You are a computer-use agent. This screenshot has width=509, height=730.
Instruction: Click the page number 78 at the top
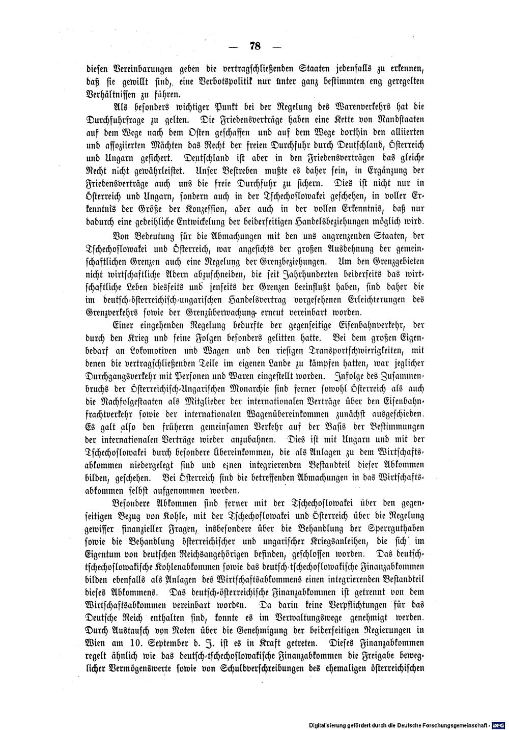coord(255,46)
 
